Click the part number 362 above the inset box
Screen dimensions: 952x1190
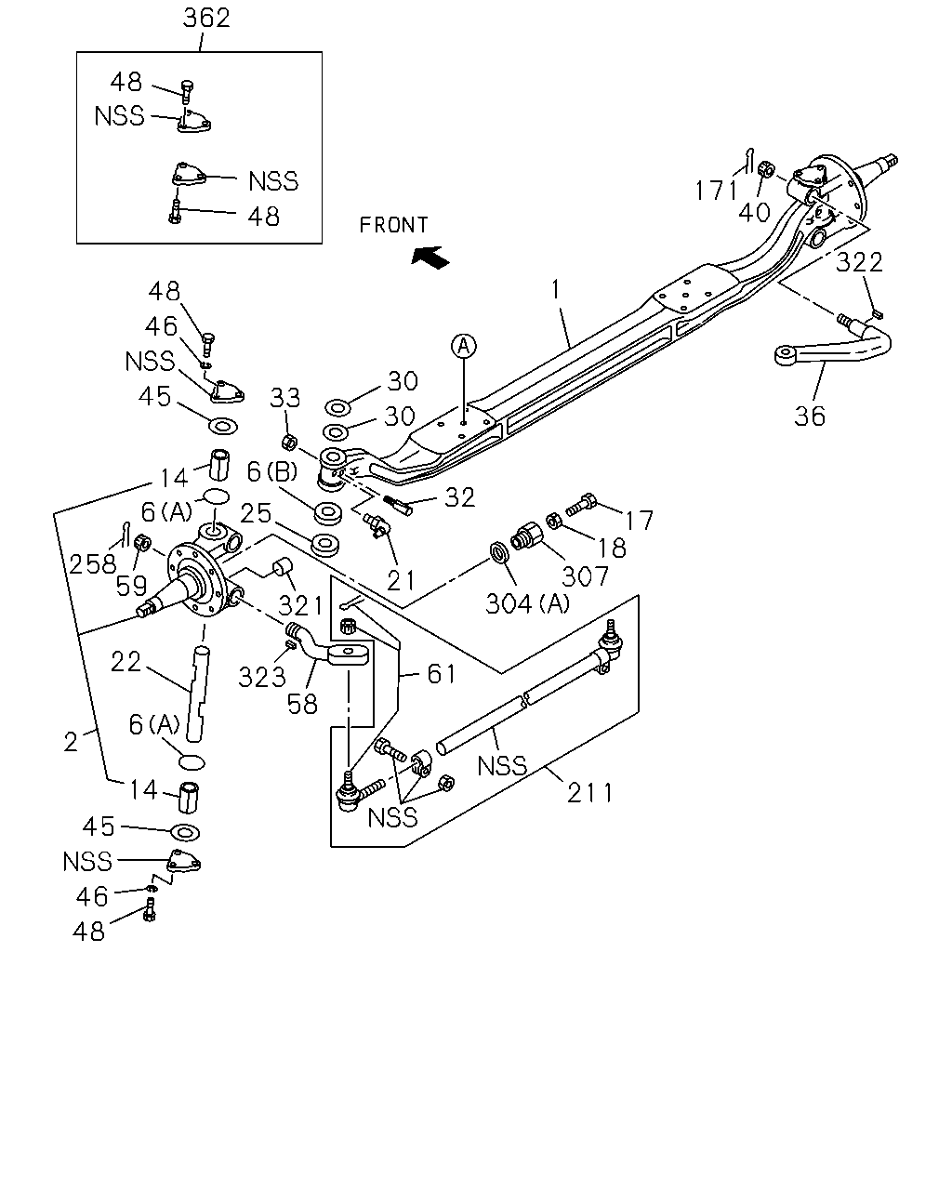point(206,19)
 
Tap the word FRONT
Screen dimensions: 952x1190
point(393,225)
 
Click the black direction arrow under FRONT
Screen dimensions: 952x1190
point(430,258)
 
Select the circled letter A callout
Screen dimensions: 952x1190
point(464,346)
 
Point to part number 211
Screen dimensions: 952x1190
point(589,793)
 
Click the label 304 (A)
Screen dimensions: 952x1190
point(527,603)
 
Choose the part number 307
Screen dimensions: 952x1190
point(585,576)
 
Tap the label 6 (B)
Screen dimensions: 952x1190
point(271,471)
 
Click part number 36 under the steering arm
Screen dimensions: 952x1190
point(809,416)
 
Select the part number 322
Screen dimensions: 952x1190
point(858,262)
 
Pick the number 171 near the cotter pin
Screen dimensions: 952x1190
point(716,191)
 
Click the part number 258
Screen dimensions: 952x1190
point(92,564)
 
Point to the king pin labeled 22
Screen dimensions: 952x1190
point(199,694)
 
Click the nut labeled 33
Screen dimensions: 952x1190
point(289,442)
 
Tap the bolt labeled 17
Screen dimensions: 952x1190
point(581,504)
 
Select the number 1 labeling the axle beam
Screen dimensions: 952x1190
point(556,290)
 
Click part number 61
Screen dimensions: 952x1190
point(441,674)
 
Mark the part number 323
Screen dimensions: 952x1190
point(261,677)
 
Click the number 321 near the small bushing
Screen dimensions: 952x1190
point(299,606)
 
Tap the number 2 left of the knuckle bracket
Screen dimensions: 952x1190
point(71,742)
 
